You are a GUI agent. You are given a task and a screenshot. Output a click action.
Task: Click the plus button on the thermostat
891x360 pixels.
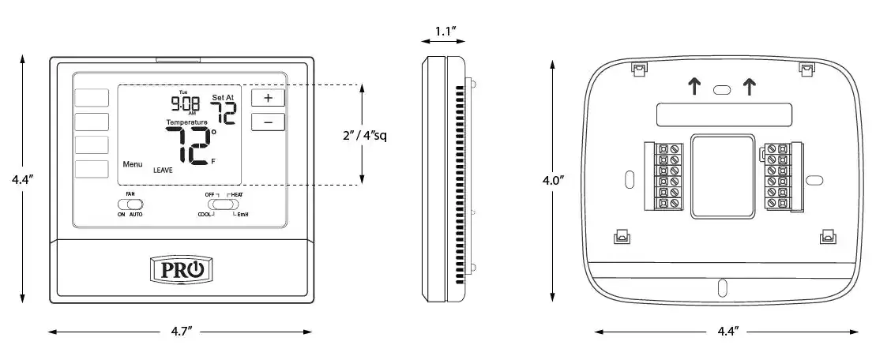tap(268, 98)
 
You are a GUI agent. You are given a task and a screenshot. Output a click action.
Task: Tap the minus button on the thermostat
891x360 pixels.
tap(268, 122)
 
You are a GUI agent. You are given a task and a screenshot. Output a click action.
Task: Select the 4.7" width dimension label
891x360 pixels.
tap(182, 332)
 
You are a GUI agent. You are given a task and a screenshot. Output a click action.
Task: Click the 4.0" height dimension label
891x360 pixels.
tap(553, 181)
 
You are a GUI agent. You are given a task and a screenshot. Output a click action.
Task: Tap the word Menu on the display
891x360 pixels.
tap(133, 164)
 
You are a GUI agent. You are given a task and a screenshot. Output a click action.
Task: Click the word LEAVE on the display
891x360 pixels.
tap(163, 170)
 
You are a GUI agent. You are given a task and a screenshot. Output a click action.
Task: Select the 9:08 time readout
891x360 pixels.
tap(186, 103)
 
